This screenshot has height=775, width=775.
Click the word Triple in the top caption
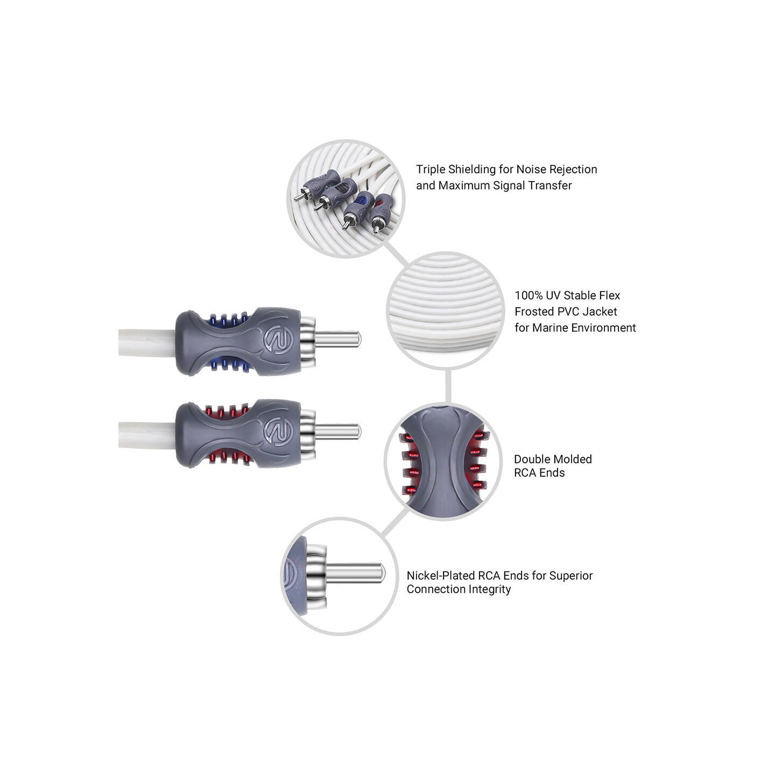[431, 170]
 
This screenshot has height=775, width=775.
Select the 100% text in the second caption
[529, 295]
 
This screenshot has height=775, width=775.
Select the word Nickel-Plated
[440, 575]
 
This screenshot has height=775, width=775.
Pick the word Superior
[570, 576]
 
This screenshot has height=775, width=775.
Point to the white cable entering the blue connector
[147, 342]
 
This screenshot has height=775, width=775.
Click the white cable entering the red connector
[147, 435]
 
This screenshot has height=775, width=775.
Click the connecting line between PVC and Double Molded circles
[448, 386]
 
